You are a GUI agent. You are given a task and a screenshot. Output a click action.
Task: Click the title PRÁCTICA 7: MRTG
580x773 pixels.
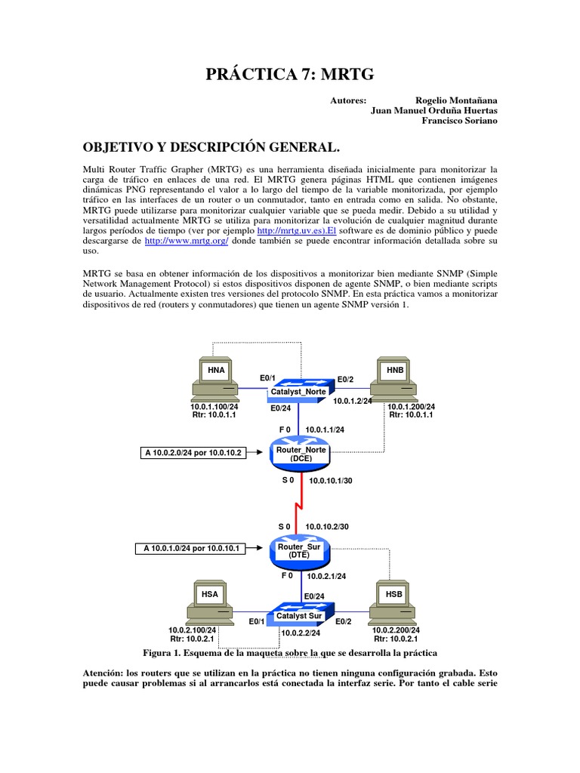pos(290,73)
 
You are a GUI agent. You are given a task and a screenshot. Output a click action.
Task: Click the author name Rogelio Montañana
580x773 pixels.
pos(456,100)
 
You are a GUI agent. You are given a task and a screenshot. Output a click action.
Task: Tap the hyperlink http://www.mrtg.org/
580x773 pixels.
pos(186,241)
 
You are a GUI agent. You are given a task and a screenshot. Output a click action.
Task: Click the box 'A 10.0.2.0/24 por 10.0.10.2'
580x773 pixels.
pos(193,453)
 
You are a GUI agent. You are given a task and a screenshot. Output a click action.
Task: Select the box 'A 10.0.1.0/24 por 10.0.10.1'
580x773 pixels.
pos(193,549)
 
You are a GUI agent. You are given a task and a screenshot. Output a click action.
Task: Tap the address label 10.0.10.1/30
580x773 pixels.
pos(329,481)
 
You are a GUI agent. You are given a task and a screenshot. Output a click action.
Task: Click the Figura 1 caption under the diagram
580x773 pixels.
pos(290,651)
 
